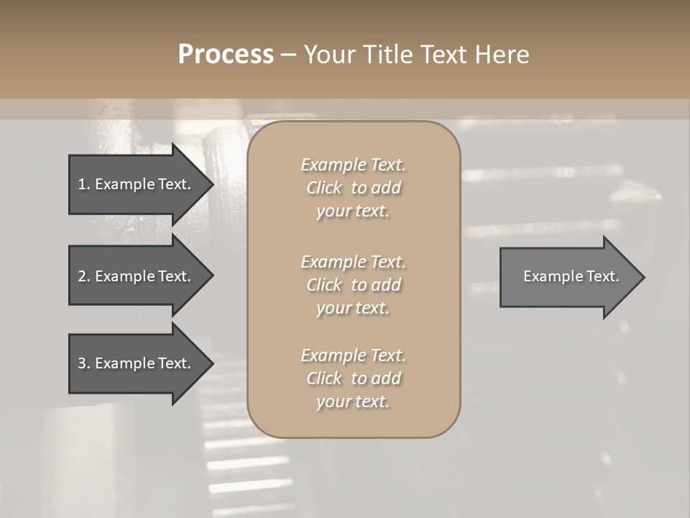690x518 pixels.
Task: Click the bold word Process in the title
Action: pyautogui.click(x=226, y=55)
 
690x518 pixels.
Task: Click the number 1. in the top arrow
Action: pyautogui.click(x=84, y=184)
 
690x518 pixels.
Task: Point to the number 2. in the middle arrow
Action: pyautogui.click(x=84, y=276)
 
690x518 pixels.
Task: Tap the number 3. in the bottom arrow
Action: pyautogui.click(x=84, y=363)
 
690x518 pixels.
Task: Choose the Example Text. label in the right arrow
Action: pyautogui.click(x=571, y=276)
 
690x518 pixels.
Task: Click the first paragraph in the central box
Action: pyautogui.click(x=353, y=188)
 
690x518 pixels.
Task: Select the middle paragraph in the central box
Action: pyautogui.click(x=353, y=285)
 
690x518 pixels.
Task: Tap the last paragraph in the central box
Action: pyautogui.click(x=353, y=378)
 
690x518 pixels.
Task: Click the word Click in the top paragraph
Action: pyautogui.click(x=324, y=188)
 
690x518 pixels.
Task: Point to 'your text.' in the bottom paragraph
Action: pyautogui.click(x=353, y=401)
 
